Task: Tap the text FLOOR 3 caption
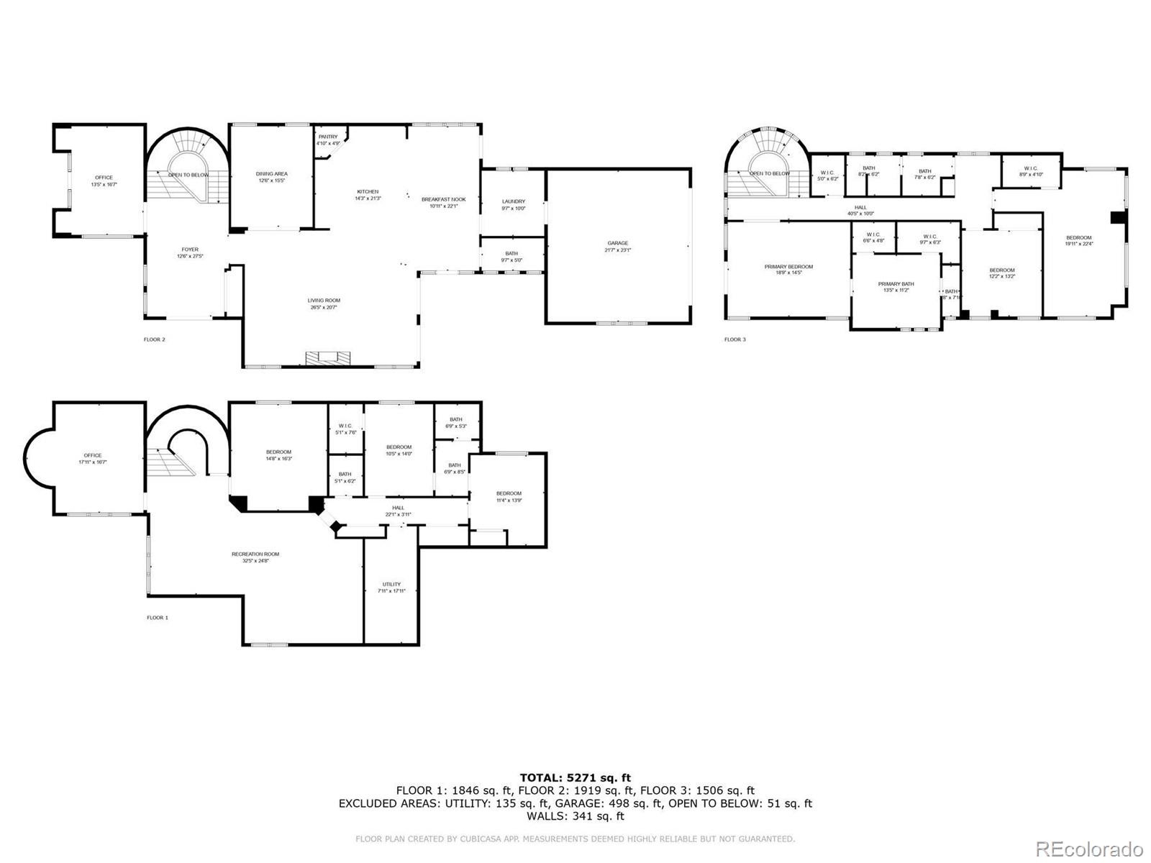(734, 339)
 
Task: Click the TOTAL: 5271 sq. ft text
(575, 777)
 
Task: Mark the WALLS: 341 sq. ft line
(575, 816)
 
